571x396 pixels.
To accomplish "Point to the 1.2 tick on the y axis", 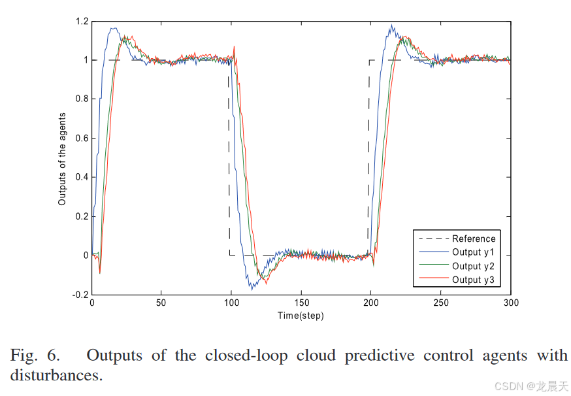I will (81, 22).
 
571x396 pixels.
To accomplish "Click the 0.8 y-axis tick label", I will (81, 99).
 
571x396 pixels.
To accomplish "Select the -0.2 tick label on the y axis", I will (80, 295).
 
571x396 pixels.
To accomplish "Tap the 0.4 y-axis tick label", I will (81, 178).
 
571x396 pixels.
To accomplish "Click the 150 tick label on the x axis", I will (301, 303).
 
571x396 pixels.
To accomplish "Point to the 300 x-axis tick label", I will (511, 303).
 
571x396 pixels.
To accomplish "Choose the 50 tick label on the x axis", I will (161, 303).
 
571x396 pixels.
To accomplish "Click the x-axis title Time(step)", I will (301, 316).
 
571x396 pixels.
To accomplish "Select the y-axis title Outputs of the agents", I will (63, 158).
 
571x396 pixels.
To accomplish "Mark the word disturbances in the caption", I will (56, 376).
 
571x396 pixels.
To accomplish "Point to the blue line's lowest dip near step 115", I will (252, 289).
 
